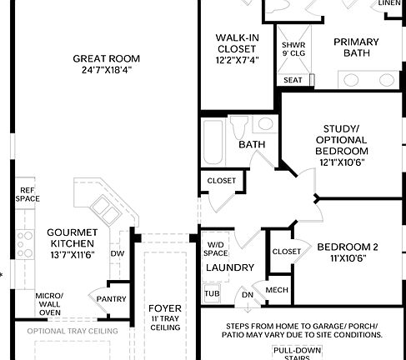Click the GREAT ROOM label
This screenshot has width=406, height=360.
[x=106, y=65]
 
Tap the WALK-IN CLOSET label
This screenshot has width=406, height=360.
[x=237, y=48]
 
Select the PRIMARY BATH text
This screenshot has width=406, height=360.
[x=356, y=48]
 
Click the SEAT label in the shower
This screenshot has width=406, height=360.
[x=293, y=80]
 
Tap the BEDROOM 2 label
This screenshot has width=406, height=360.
[x=348, y=252]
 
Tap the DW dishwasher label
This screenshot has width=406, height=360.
[x=118, y=253]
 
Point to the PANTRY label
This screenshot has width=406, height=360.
[x=111, y=298]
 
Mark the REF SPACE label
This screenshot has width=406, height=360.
[x=28, y=194]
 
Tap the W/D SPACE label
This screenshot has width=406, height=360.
[x=217, y=248]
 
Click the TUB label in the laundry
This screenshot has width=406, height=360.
[x=211, y=293]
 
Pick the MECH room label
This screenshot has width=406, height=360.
[x=276, y=290]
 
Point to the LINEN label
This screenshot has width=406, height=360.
[x=389, y=3]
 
